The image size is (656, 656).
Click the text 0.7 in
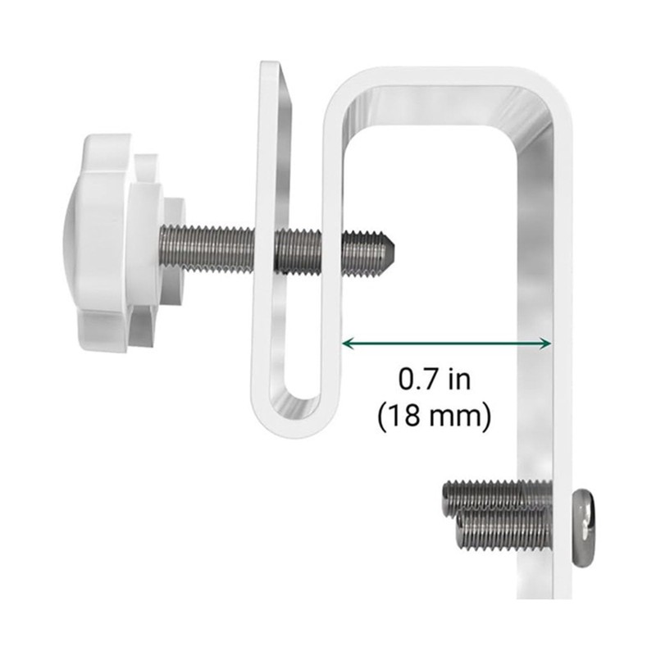pos(434,380)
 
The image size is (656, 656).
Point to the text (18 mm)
pos(435,416)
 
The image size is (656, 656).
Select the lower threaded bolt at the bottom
pos(500,533)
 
